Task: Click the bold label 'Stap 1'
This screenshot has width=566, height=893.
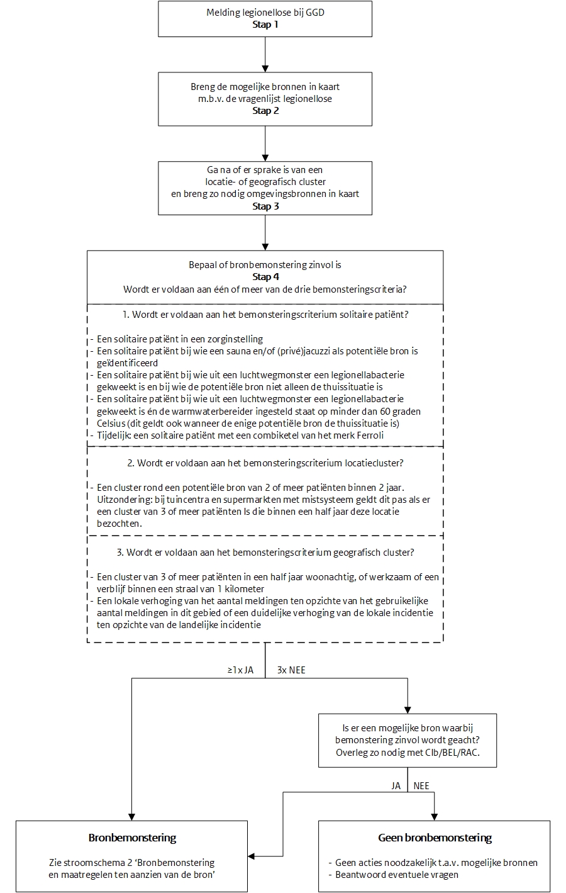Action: coord(265,25)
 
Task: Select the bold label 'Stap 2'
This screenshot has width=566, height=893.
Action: coord(265,111)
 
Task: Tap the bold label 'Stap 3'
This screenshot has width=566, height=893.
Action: coord(265,206)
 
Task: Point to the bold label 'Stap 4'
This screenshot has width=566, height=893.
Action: coord(265,277)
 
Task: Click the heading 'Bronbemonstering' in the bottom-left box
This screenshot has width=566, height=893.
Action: coord(132,838)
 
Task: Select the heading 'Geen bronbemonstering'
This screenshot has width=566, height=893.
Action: coord(435,838)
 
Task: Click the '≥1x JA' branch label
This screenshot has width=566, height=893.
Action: coord(241,671)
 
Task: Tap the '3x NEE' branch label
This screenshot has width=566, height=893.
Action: coord(291,671)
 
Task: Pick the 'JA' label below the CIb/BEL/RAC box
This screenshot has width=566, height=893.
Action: coord(396,786)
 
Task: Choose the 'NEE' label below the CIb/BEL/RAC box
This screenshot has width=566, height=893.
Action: coord(421,786)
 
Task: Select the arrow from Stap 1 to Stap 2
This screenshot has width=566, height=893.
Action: coord(265,54)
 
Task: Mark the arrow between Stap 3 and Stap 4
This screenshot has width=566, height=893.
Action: coord(265,233)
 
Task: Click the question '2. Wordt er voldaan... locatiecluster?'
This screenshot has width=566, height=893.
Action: coord(265,463)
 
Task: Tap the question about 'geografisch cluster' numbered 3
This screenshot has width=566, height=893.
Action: coord(265,553)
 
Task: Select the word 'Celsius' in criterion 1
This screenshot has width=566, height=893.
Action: coord(112,424)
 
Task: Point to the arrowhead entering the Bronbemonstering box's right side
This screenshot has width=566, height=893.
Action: coord(252,856)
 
